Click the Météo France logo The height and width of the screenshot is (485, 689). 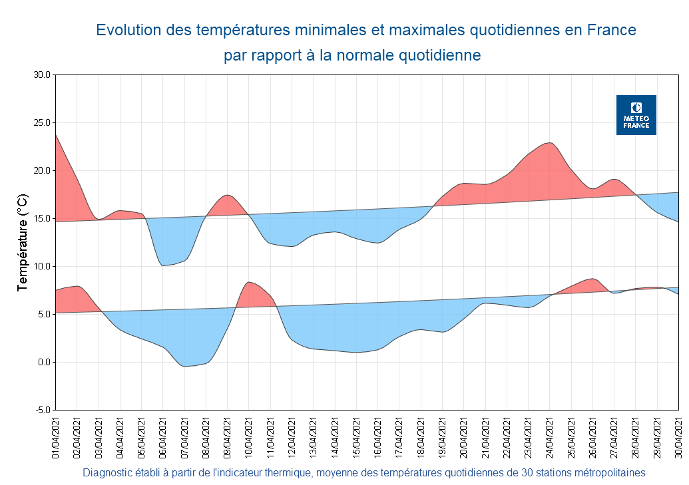click(x=636, y=115)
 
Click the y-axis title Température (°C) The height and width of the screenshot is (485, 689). click(x=23, y=242)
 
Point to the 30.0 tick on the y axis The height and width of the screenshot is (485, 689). click(x=42, y=75)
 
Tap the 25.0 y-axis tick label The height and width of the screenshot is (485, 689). click(x=42, y=123)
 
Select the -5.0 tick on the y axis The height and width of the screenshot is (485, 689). click(x=42, y=410)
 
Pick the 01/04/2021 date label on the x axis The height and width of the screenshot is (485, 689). click(x=56, y=438)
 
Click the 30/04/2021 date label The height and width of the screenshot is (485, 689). click(x=679, y=438)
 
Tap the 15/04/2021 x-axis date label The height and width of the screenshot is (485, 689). click(x=357, y=438)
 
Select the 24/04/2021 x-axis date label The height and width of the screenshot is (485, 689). click(x=550, y=438)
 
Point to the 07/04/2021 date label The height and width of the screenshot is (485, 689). click(x=185, y=438)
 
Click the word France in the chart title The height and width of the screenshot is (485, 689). click(x=611, y=30)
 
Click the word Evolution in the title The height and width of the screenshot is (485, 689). click(x=128, y=30)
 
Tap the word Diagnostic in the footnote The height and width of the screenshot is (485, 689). click(x=107, y=473)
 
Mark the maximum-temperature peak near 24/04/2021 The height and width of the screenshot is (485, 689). click(x=549, y=142)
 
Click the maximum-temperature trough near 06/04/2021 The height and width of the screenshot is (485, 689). click(x=163, y=265)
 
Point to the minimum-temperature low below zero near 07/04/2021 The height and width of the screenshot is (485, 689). click(x=186, y=366)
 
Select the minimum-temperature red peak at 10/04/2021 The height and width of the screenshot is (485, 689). click(x=248, y=282)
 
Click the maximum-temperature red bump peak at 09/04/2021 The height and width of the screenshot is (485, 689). click(x=227, y=195)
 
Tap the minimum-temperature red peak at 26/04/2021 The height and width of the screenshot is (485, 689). click(x=592, y=279)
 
